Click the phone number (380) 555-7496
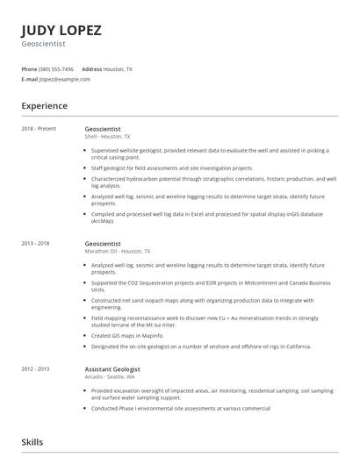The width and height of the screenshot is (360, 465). pos(57,68)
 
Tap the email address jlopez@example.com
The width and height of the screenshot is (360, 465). pos(65,79)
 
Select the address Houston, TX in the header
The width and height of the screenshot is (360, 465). pos(119,68)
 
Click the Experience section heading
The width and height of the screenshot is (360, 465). pos(44,106)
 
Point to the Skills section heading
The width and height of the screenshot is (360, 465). pos(32,442)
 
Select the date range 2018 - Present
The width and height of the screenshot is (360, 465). pos(39,129)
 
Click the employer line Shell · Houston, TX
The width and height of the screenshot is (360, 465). pos(107,137)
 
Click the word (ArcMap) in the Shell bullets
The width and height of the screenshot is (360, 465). pos(103,219)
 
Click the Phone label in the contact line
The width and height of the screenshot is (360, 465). pos(29,68)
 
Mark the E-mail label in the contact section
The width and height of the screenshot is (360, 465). pos(30,79)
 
